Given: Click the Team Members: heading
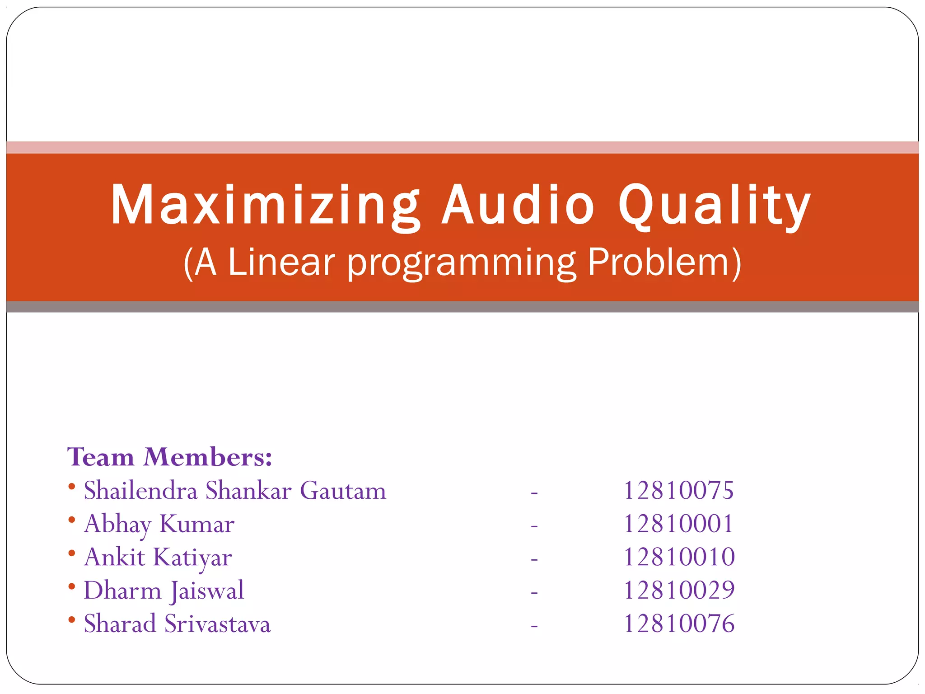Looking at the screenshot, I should pos(170,457).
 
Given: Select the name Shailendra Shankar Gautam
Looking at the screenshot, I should pos(235,491).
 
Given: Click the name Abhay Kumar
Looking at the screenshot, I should pos(159,524).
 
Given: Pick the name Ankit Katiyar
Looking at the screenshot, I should pos(158,557).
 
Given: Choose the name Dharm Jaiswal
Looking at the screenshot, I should pos(164,591).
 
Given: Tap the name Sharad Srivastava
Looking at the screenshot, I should pos(177,624).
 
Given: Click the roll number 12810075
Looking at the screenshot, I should pos(678,491).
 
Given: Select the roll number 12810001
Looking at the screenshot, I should pos(678,524).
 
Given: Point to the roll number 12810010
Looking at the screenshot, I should pos(679,557).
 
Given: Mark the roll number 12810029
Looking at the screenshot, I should pos(679,591).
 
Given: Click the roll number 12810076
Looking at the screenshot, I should pos(679,624).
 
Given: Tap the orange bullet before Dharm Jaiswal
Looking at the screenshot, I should pos(71,586).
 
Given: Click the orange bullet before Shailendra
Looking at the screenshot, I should pos(71,487).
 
